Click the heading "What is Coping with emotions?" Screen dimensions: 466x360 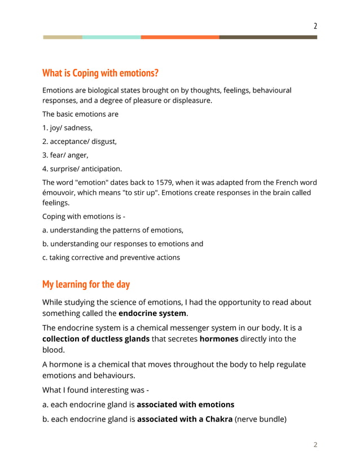tap(100, 73)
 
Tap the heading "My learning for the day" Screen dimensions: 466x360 tap(86, 284)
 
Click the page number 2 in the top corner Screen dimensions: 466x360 tap(315, 26)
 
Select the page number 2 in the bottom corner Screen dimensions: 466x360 tap(315, 445)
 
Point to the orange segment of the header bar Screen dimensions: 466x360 tap(180, 37)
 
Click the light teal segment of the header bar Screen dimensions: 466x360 tap(111, 37)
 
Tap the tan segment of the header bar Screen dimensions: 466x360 tap(63, 37)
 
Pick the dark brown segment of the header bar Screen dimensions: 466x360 tap(268, 37)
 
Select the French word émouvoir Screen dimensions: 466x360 tap(61, 193)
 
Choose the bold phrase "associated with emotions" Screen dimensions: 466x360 tap(186, 405)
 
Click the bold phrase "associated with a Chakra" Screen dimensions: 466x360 tap(185, 419)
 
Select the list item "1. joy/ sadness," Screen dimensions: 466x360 tap(68, 128)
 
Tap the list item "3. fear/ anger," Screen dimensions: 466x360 tap(65, 155)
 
